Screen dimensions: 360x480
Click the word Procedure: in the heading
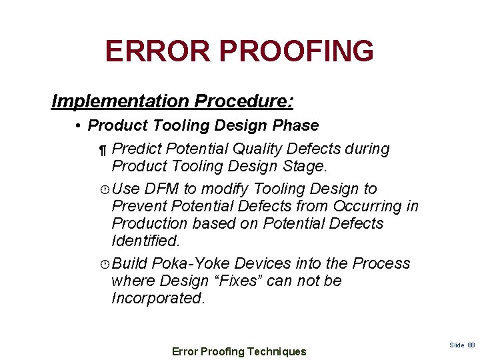click(x=243, y=101)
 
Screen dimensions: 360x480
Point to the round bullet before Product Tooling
click(x=79, y=126)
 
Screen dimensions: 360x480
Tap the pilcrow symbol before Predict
click(x=102, y=149)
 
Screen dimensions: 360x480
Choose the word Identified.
click(x=146, y=239)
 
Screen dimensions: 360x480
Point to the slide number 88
click(x=471, y=345)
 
